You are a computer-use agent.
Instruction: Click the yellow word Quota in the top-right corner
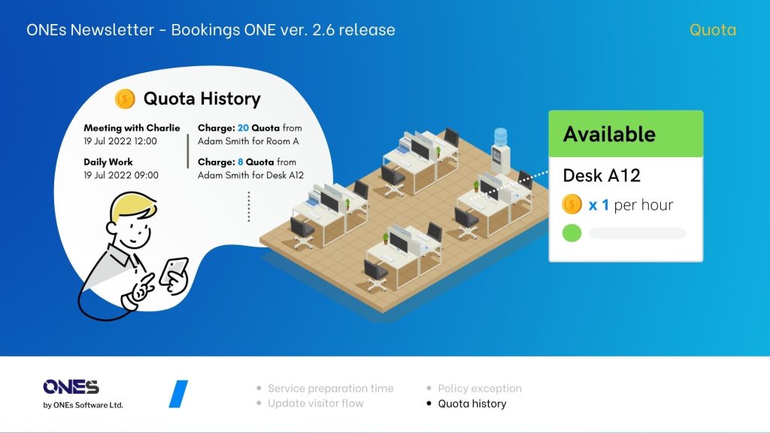pyautogui.click(x=712, y=30)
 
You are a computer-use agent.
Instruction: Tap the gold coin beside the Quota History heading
pyautogui.click(x=125, y=98)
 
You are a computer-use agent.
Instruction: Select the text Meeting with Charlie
pyautogui.click(x=132, y=128)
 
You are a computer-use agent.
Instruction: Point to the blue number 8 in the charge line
pyautogui.click(x=241, y=162)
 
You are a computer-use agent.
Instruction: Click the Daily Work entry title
pyautogui.click(x=108, y=162)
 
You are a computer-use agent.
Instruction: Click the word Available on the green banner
pyautogui.click(x=609, y=135)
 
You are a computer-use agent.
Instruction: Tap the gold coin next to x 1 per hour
pyautogui.click(x=572, y=204)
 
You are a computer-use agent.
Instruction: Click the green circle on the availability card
pyautogui.click(x=572, y=233)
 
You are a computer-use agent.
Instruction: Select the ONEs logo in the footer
pyautogui.click(x=71, y=387)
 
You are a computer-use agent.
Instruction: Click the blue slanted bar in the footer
pyautogui.click(x=178, y=394)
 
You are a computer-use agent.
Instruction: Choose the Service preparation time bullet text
pyautogui.click(x=330, y=389)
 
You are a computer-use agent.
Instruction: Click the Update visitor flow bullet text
pyautogui.click(x=315, y=404)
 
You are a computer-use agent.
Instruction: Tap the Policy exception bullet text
pyautogui.click(x=479, y=389)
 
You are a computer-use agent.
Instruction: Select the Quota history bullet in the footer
pyautogui.click(x=471, y=404)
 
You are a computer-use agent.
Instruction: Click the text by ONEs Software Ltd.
pyautogui.click(x=83, y=405)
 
